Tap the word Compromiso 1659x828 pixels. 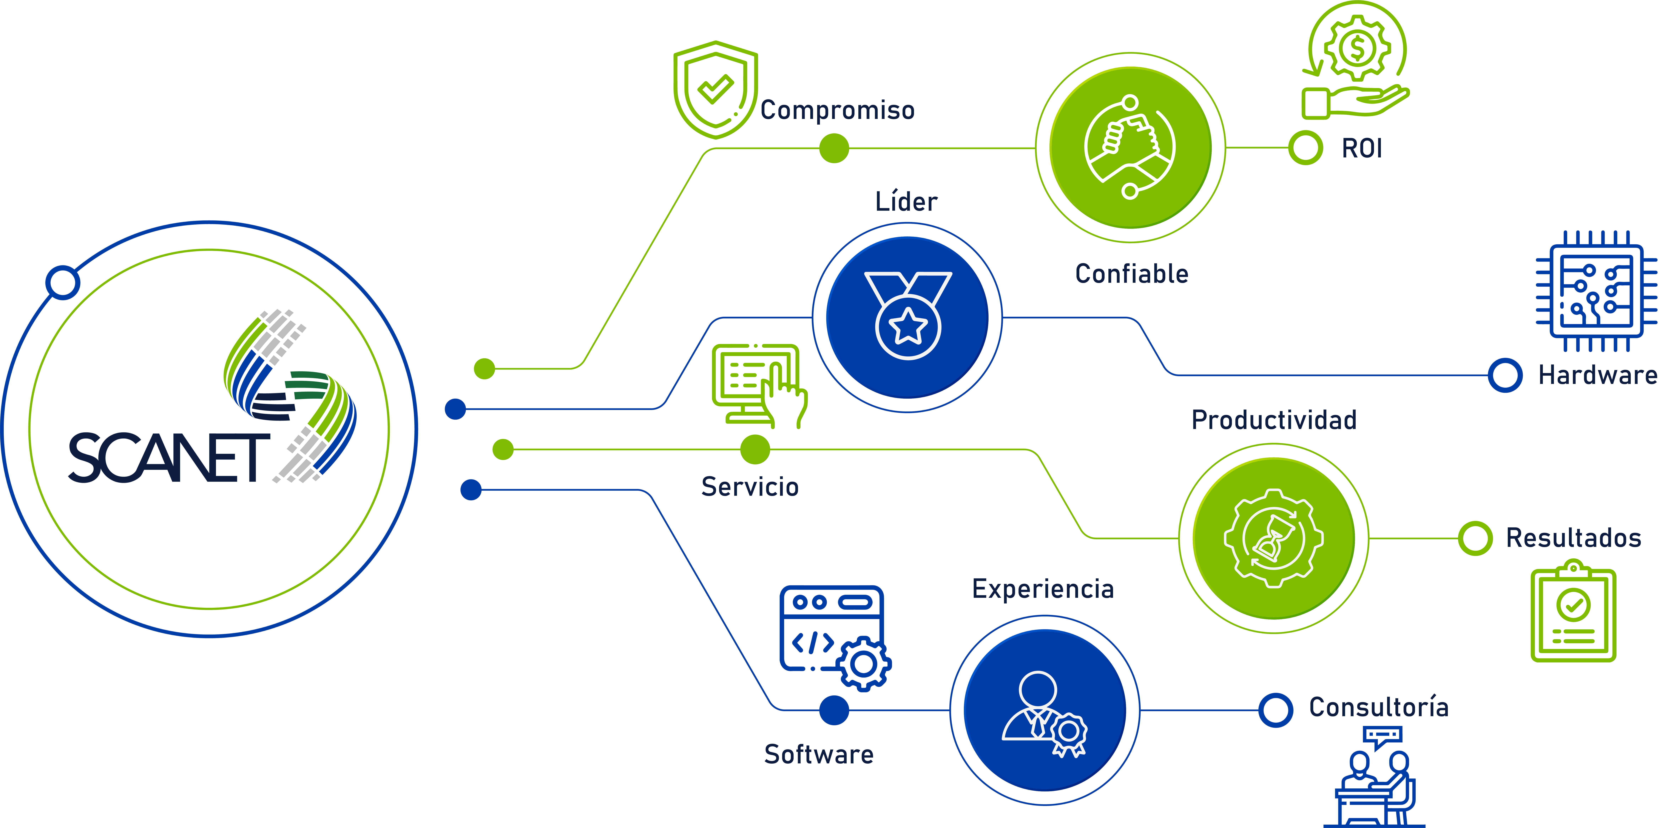837,110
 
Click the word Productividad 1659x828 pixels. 1274,420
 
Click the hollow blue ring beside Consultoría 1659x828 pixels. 1276,710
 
